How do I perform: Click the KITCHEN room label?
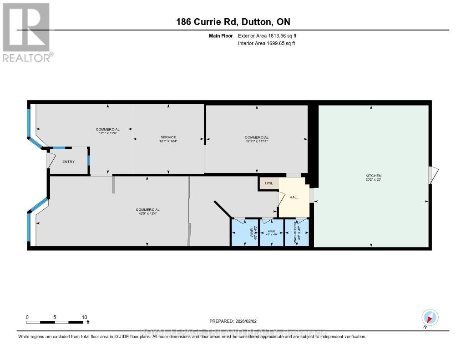point(373,176)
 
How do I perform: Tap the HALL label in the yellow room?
point(294,197)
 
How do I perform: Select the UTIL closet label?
point(268,183)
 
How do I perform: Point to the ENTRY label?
point(69,162)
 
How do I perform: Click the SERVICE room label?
point(168,137)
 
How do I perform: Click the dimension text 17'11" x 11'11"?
point(257,141)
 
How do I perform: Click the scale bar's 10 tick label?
point(84,317)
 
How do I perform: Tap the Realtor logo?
point(26,32)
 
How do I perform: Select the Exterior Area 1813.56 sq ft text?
point(267,35)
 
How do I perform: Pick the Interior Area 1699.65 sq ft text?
point(267,43)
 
